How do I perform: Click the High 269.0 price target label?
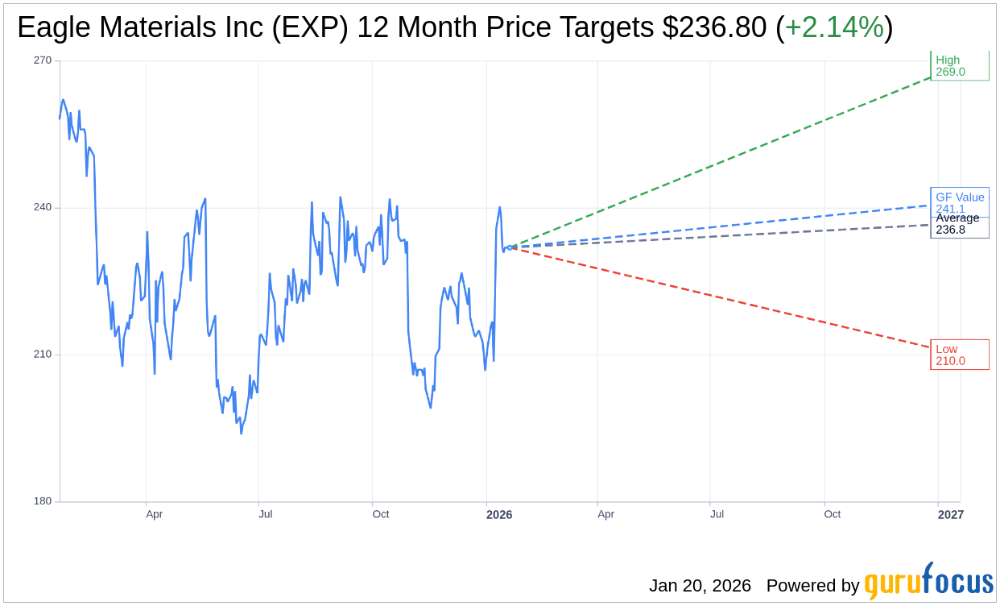959,66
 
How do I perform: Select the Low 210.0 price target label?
959,355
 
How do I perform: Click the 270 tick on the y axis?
43,60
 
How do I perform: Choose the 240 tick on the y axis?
43,207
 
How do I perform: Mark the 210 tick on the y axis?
43,355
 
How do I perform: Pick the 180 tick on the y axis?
43,501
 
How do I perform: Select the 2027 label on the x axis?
950,514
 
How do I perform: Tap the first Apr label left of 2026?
154,514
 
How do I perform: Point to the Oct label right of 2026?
832,514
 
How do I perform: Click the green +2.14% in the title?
834,28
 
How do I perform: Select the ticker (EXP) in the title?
311,28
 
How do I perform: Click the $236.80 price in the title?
714,28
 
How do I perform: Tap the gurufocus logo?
928,582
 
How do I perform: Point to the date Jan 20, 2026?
700,586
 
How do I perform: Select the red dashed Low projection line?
725,298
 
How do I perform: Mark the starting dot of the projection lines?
509,247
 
